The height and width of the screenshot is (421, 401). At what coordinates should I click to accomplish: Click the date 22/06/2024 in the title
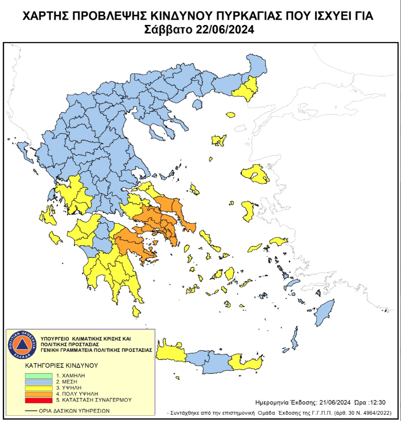(224, 29)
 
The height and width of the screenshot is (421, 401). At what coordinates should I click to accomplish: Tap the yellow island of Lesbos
(255, 174)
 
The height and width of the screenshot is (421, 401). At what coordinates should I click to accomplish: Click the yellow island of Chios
(249, 211)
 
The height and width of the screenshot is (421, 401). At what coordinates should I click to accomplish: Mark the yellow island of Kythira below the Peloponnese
(136, 312)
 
